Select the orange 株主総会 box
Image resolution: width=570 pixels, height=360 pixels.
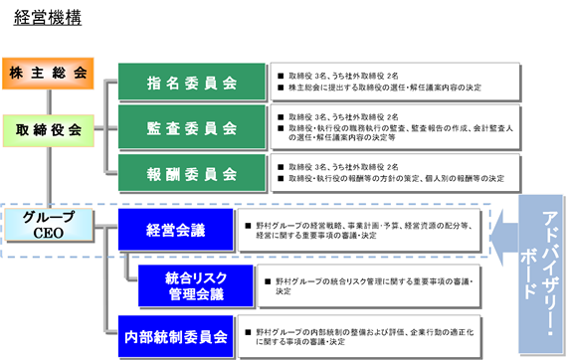[48, 74]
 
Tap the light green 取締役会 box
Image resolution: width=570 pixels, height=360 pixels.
[48, 129]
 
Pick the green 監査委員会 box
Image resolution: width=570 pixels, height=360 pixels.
[191, 127]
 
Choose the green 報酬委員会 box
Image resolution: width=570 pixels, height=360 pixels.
[191, 173]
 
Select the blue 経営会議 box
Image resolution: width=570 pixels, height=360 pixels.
[175, 231]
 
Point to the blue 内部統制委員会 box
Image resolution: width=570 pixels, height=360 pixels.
[175, 335]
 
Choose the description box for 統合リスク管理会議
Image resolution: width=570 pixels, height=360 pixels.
[372, 285]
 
